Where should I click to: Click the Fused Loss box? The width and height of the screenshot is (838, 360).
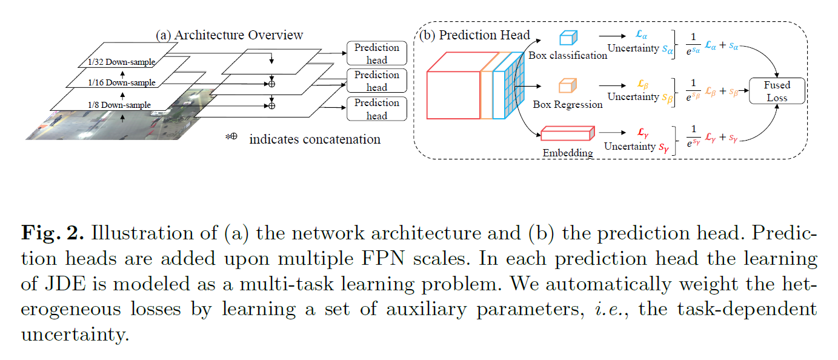(x=777, y=91)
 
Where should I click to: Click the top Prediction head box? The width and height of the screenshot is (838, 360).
(x=376, y=53)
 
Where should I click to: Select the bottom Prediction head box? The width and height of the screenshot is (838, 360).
(x=376, y=109)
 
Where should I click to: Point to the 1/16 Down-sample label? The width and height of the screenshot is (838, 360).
(x=121, y=82)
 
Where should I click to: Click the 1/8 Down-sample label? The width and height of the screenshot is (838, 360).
(x=119, y=105)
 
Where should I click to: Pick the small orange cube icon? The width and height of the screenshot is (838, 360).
(x=567, y=86)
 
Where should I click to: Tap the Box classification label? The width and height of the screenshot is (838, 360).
(x=568, y=55)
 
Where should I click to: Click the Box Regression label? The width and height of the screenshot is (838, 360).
(x=568, y=104)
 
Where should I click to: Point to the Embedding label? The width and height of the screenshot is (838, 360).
(x=568, y=152)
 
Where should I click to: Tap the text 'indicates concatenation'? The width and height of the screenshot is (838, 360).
(x=314, y=139)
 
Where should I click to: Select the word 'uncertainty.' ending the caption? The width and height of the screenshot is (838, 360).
(x=75, y=334)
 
